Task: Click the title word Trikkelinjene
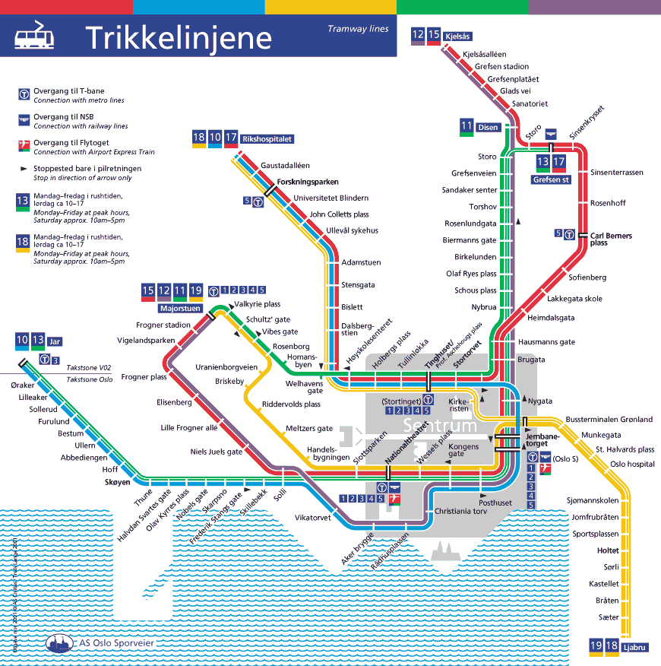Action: (x=178, y=37)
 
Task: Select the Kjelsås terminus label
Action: (x=460, y=36)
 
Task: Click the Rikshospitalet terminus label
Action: (x=267, y=139)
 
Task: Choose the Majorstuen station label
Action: (x=180, y=309)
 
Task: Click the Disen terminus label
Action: (x=488, y=127)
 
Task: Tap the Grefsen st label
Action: (x=551, y=180)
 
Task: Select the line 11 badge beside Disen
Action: (x=466, y=126)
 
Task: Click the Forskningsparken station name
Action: (x=307, y=182)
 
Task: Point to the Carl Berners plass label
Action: (x=611, y=239)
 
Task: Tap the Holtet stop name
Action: (x=608, y=550)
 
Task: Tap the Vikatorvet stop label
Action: (x=312, y=518)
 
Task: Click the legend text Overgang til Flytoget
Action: (x=71, y=143)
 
